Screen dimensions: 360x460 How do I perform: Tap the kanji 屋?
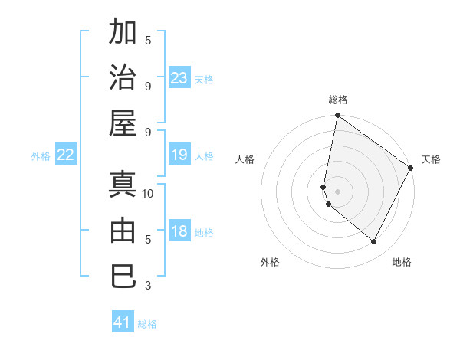click(123, 123)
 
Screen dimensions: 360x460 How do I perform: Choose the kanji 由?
click(123, 231)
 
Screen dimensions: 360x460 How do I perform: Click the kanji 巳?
click(123, 276)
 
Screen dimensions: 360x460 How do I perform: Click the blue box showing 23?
click(179, 78)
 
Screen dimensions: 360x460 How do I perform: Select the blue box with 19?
click(179, 155)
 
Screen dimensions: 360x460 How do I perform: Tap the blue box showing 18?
click(179, 232)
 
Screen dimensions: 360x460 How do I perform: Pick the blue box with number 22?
click(66, 155)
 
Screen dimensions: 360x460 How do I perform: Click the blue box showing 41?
click(123, 322)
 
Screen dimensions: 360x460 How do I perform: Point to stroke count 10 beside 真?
click(148, 193)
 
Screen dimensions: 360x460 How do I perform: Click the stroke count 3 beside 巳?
click(148, 286)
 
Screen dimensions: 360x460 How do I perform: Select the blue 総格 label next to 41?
click(147, 324)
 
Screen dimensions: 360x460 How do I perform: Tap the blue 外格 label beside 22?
click(41, 156)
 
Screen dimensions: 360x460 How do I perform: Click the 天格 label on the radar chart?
click(431, 159)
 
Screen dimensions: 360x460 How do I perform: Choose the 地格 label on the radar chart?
click(402, 262)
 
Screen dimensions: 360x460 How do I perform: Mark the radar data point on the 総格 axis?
click(337, 116)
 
